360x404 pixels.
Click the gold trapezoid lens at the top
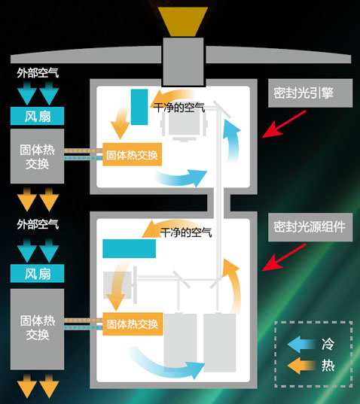click(182, 22)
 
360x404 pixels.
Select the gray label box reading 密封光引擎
click(310, 93)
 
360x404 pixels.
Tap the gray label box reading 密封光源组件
click(310, 227)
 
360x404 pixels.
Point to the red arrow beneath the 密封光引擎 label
click(283, 124)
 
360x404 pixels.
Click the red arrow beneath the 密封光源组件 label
click(283, 257)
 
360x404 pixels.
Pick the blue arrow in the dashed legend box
click(301, 345)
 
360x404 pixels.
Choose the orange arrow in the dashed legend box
click(301, 366)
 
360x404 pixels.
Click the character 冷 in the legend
click(328, 345)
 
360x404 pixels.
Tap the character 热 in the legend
click(328, 366)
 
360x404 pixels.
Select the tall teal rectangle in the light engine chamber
click(139, 107)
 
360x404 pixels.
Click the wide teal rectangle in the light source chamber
click(130, 248)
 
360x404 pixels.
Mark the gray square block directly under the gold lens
click(183, 62)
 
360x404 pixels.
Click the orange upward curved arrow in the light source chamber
click(233, 286)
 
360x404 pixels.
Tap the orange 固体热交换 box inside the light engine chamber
click(132, 154)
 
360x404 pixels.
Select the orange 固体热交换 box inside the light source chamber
click(133, 324)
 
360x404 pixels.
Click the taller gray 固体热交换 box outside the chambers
click(37, 330)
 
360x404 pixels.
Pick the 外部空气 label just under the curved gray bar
click(38, 73)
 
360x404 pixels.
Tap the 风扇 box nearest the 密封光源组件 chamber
click(37, 273)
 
